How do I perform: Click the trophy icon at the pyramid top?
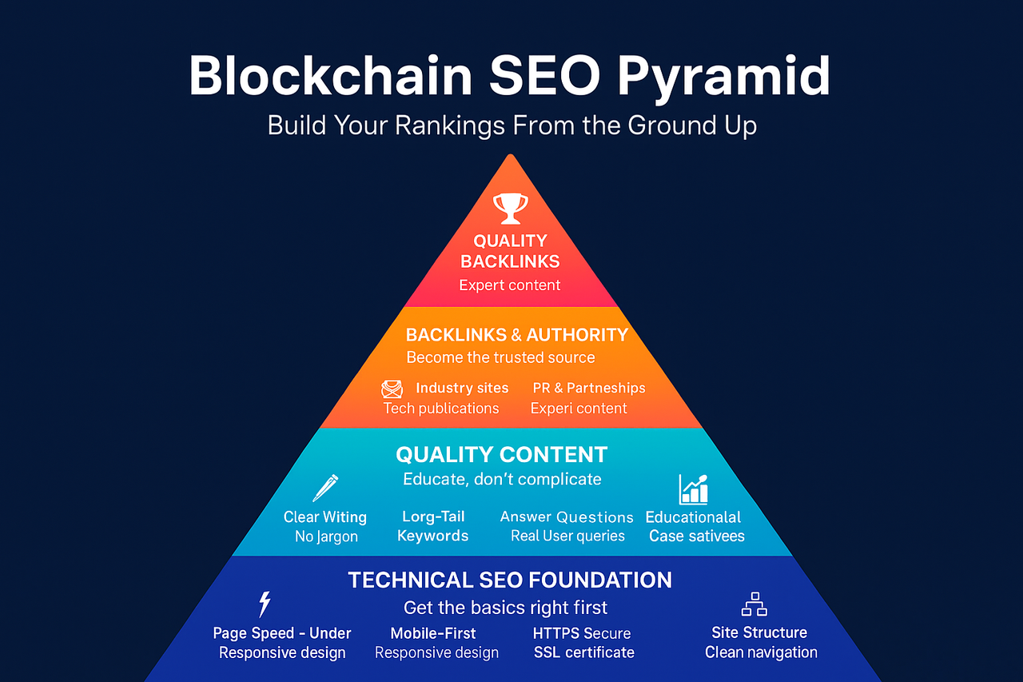pos(510,208)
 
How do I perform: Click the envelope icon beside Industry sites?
pos(392,389)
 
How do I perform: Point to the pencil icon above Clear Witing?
pos(325,487)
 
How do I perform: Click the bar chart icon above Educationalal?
pos(693,489)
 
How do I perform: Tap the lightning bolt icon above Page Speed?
pos(265,604)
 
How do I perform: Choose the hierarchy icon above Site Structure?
pos(754,604)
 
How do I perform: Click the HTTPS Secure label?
pos(582,633)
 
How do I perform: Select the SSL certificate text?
pos(584,652)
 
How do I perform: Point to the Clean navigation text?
pos(761,652)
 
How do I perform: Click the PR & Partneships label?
pos(589,388)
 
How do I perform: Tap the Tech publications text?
pos(441,409)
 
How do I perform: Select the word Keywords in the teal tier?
pos(433,536)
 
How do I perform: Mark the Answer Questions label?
pos(567,516)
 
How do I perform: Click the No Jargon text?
pos(326,536)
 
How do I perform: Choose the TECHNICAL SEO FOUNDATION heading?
pos(510,580)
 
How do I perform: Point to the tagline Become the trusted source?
pos(500,357)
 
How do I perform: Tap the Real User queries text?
pos(567,536)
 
